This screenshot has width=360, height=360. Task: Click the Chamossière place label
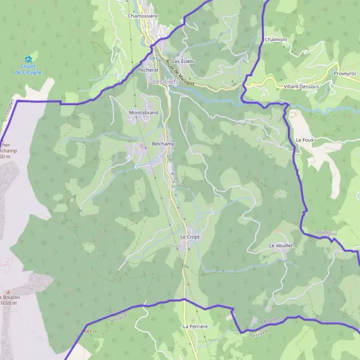pos(143,16)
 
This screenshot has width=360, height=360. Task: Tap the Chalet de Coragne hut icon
pos(28,59)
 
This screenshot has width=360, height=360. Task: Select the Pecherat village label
pos(148,70)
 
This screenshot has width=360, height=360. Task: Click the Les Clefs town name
pos(166,82)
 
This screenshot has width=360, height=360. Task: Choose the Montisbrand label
pos(143,112)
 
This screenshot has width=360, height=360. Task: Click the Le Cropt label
pos(190,236)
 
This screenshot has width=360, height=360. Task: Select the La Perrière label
pos(195,326)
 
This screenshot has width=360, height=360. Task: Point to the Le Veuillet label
pos(280,245)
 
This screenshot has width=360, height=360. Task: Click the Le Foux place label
pos(305,139)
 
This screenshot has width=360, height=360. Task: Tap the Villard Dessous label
pos(301,86)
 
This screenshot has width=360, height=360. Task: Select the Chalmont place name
pos(275,40)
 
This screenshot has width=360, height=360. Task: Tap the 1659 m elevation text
pos(9,303)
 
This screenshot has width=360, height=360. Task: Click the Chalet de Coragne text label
pos(28,70)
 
